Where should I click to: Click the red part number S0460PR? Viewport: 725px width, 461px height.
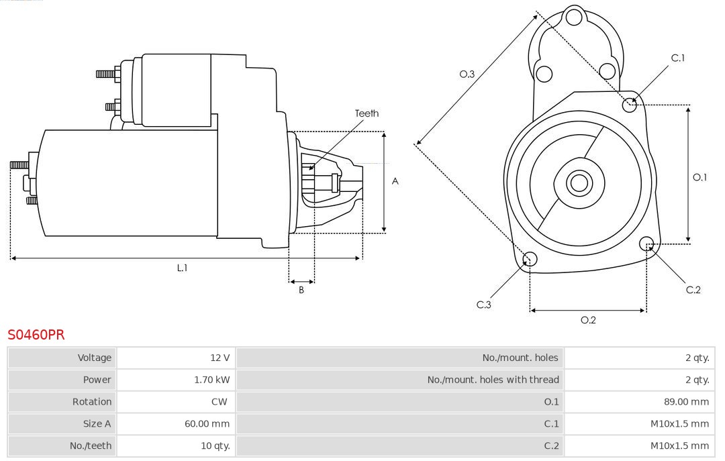[x=36, y=335]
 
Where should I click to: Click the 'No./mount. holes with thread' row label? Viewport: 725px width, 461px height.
[x=493, y=380]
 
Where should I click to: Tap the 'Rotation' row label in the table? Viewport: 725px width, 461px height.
[x=92, y=402]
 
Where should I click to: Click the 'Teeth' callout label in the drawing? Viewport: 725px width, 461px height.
[x=367, y=113]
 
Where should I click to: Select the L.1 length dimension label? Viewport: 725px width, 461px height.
[x=182, y=268]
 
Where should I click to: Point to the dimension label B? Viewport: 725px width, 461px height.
[x=301, y=291]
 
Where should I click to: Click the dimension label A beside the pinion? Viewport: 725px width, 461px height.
[x=395, y=181]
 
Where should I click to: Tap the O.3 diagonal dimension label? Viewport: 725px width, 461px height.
[x=467, y=74]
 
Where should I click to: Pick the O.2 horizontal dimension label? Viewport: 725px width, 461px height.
[x=588, y=320]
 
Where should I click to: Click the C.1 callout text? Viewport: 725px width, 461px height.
[x=678, y=58]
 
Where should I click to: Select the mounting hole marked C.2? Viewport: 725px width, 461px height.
[x=646, y=243]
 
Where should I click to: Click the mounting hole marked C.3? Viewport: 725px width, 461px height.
[x=530, y=259]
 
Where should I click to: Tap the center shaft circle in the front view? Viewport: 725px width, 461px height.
[x=578, y=183]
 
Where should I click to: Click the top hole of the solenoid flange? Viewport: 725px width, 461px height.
[x=573, y=17]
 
